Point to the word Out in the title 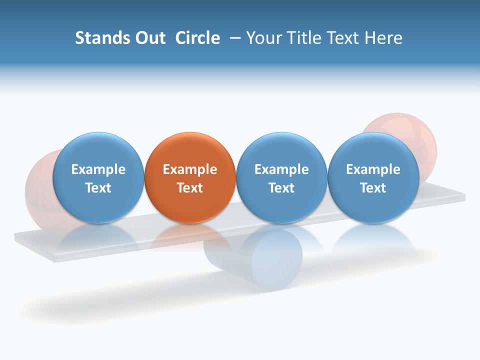149,38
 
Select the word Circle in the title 197,38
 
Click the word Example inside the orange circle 190,169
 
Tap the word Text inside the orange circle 190,188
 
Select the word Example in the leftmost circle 98,169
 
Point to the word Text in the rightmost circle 373,188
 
